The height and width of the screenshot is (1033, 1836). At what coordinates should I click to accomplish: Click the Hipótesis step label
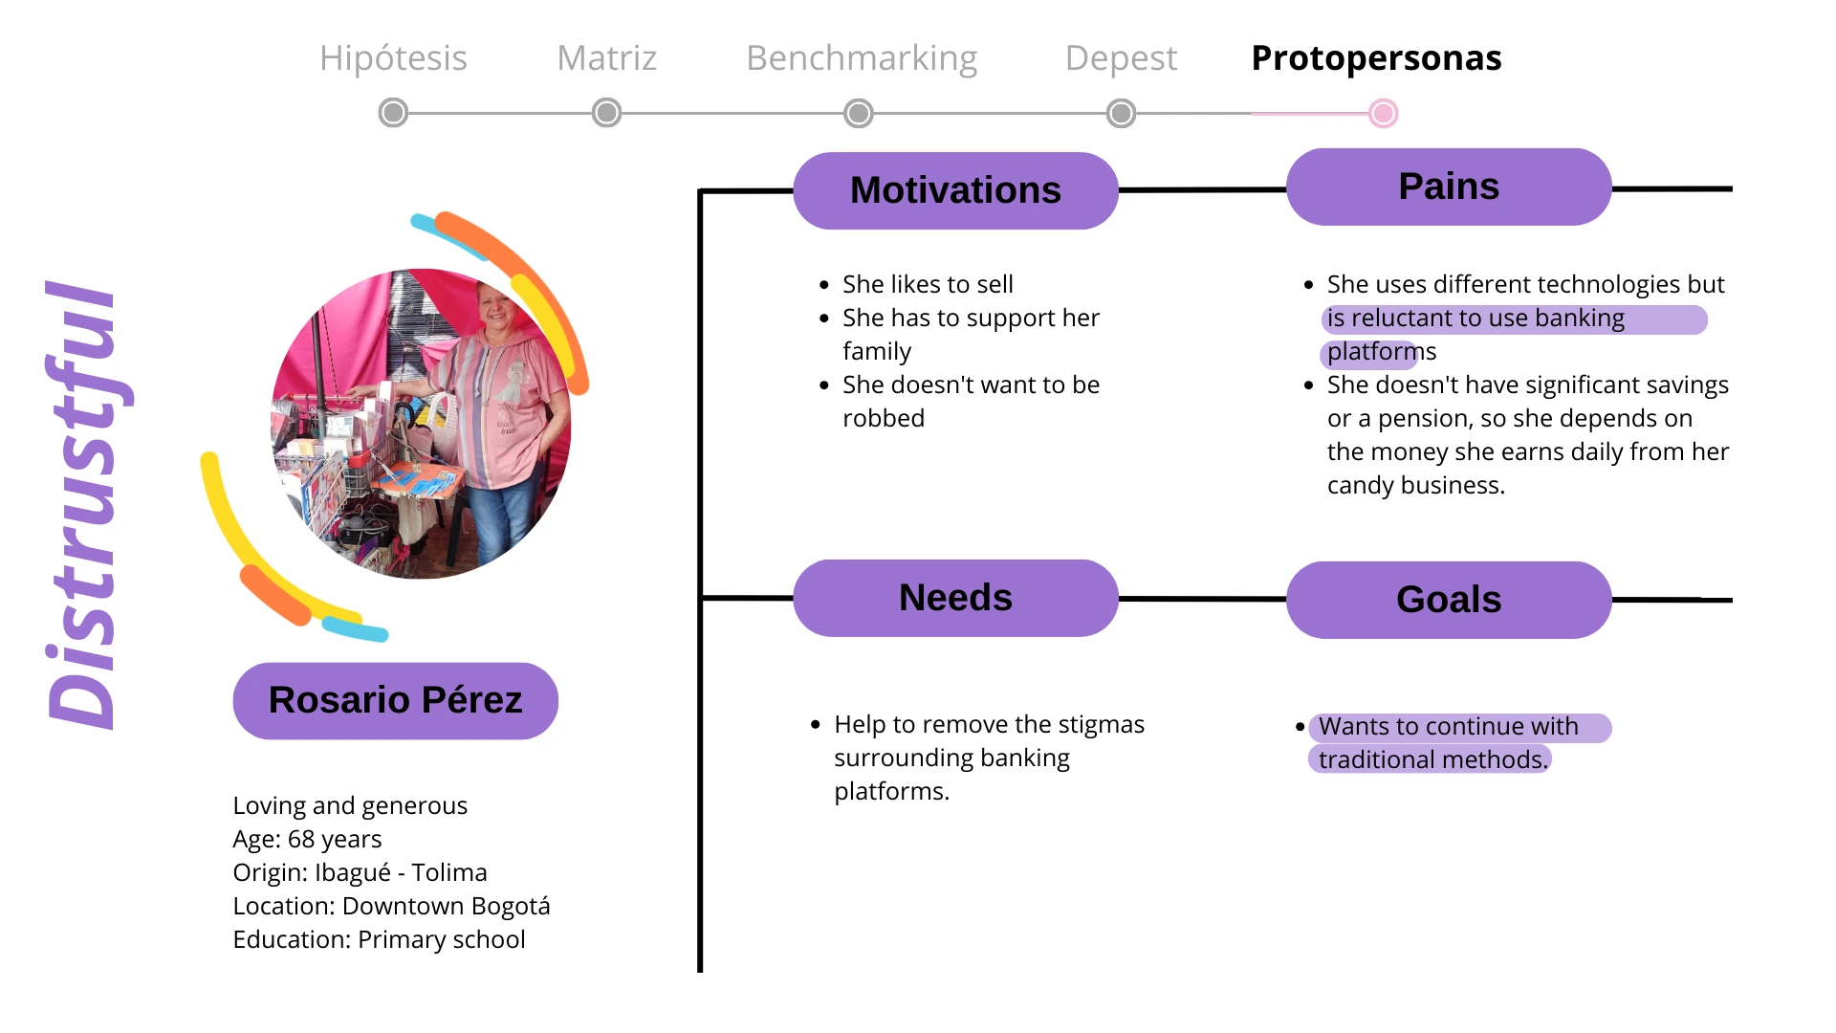tap(393, 58)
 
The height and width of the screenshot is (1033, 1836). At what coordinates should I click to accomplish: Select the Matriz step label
tap(606, 58)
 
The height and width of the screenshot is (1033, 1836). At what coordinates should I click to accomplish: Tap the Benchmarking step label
tap(862, 58)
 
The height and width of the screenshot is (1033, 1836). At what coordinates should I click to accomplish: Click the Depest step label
tap(1121, 58)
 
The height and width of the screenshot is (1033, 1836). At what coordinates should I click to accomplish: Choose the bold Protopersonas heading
tap(1376, 58)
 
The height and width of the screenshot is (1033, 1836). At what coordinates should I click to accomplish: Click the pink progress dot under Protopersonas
tap(1383, 113)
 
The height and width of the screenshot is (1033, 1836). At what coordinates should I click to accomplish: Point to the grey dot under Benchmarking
tap(859, 113)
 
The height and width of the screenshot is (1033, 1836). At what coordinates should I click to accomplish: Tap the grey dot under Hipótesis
tap(393, 113)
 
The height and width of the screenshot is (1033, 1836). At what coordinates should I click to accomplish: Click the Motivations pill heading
tap(955, 190)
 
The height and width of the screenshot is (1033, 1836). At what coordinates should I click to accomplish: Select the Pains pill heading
tap(1449, 187)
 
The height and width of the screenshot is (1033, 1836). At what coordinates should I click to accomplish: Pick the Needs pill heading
tap(955, 598)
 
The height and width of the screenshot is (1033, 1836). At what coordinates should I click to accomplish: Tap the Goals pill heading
tap(1449, 600)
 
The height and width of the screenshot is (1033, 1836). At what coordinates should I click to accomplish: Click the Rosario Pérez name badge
tap(395, 700)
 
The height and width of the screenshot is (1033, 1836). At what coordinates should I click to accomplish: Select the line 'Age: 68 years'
tap(307, 839)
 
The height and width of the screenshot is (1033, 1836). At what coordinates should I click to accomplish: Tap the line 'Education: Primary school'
tap(379, 939)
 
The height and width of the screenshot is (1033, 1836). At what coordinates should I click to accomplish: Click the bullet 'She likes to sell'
tap(928, 284)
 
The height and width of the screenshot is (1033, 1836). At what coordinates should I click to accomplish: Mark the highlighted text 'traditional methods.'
tap(1432, 759)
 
